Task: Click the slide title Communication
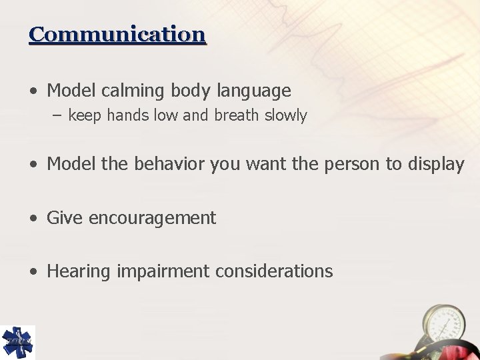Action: coord(117,34)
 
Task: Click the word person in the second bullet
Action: coord(355,165)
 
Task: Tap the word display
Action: coord(434,165)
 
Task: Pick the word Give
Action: coord(65,218)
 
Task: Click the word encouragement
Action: coord(152,218)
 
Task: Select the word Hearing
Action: coord(79,271)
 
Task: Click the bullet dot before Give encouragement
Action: coord(33,219)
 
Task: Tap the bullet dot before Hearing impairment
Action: coord(33,272)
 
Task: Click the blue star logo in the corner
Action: coord(17,343)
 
